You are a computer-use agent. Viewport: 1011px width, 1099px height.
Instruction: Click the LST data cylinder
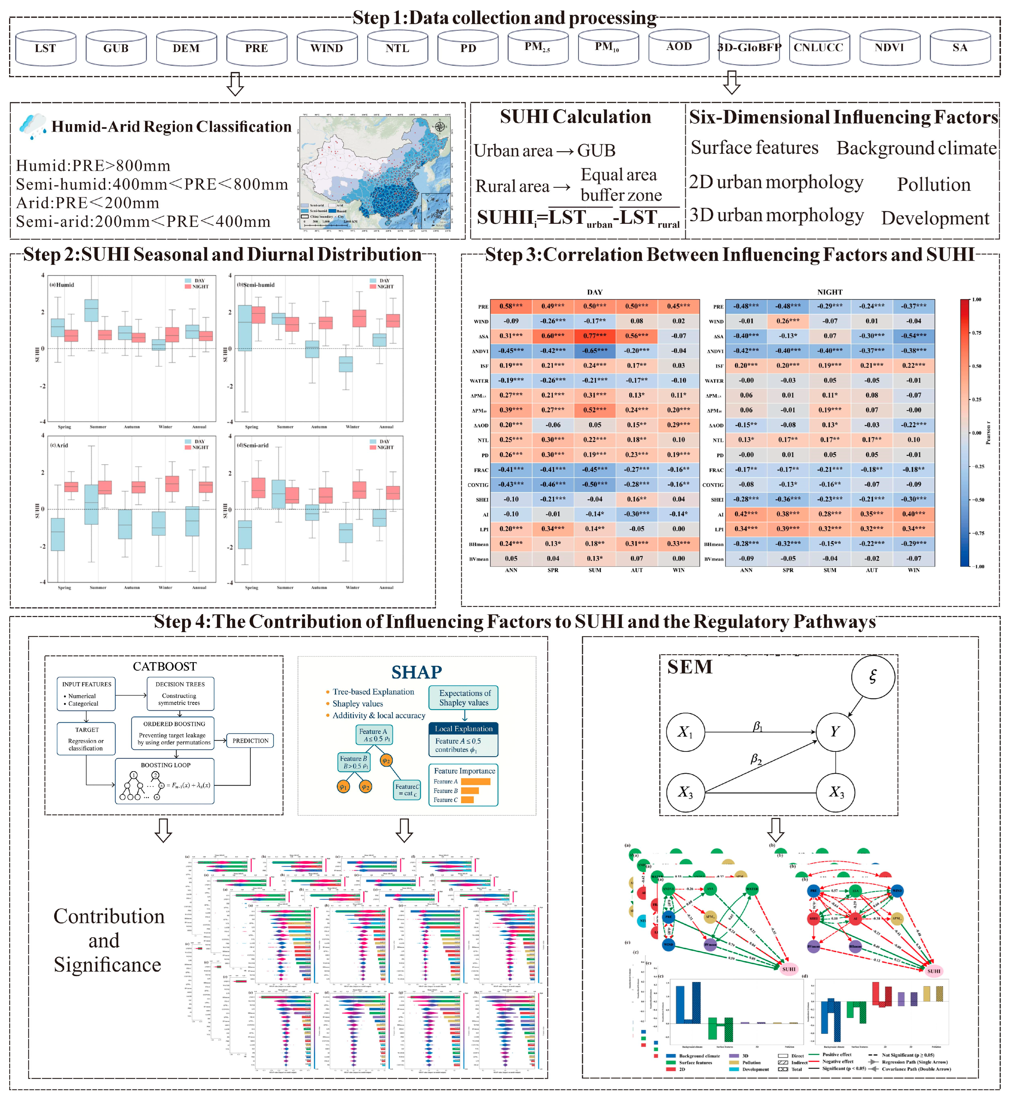click(45, 48)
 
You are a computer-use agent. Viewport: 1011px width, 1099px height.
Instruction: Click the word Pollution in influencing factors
click(933, 184)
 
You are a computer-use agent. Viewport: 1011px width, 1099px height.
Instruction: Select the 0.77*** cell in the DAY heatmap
click(595, 335)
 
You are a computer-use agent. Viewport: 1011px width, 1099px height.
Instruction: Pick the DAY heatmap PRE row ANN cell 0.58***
click(510, 306)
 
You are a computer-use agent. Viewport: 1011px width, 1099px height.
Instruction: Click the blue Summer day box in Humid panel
click(91, 310)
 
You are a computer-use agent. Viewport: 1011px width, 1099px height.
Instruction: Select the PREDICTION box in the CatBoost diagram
click(250, 740)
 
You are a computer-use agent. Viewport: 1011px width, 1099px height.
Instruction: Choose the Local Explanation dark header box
click(463, 729)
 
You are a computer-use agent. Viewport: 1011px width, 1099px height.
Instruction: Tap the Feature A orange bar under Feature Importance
click(475, 782)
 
